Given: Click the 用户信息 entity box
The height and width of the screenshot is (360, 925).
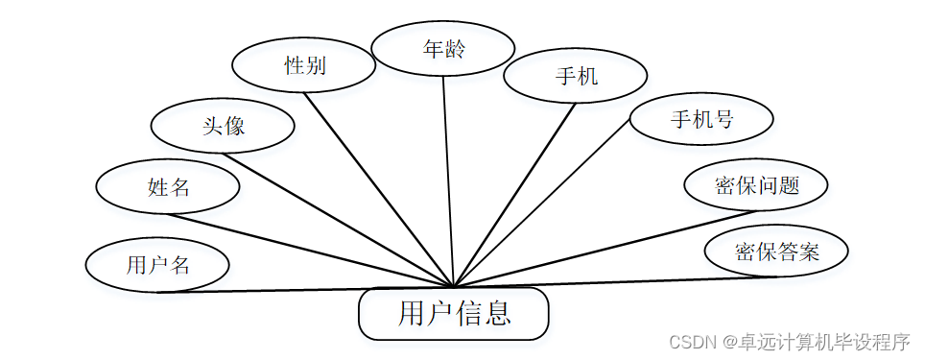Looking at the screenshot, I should point(453,313).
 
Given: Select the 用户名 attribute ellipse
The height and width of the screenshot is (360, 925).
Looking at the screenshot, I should point(157,264).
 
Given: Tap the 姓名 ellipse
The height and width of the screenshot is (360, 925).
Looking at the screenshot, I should point(168,187).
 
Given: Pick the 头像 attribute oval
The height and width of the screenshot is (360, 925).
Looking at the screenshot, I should point(223,126).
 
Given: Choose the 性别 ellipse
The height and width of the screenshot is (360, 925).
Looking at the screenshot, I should point(304,65).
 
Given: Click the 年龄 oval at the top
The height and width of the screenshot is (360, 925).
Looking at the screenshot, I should point(443,48).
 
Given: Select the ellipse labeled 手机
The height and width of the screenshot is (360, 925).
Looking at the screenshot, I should point(576,76).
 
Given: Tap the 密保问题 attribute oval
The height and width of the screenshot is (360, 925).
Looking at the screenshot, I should point(756,185).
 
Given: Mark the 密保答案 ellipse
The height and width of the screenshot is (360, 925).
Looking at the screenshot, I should point(776,252).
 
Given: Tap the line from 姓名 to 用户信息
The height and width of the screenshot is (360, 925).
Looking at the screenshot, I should point(307,249).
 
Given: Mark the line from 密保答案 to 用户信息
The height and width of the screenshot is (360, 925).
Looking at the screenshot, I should point(614,281).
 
